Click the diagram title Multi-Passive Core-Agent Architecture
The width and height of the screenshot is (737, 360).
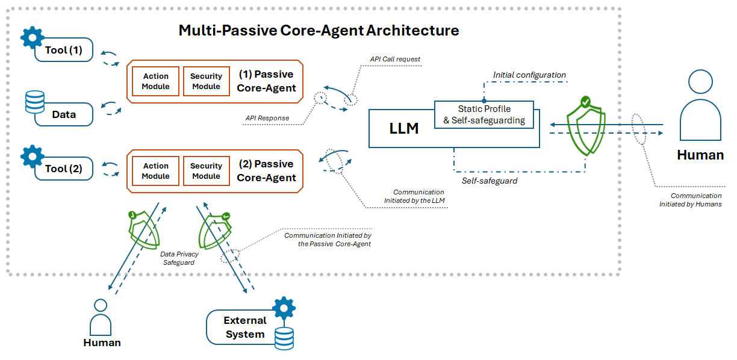click(319, 31)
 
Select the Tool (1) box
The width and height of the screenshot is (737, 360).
click(64, 51)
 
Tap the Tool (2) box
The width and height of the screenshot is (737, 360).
click(64, 169)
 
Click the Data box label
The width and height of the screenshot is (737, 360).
click(64, 114)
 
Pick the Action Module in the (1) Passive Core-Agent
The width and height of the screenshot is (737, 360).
click(156, 81)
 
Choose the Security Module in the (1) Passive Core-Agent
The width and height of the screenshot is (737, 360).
click(206, 81)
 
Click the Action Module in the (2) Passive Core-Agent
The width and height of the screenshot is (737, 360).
click(156, 171)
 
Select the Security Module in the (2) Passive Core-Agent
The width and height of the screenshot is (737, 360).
click(206, 171)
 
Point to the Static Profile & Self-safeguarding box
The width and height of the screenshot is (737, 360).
click(484, 114)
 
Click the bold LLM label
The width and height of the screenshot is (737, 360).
click(404, 128)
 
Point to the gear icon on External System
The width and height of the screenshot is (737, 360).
click(283, 308)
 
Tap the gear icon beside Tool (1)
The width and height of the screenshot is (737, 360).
click(33, 37)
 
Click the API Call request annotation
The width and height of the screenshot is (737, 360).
click(394, 60)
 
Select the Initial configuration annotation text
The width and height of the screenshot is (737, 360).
click(529, 75)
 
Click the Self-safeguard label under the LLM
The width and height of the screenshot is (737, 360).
click(490, 181)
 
